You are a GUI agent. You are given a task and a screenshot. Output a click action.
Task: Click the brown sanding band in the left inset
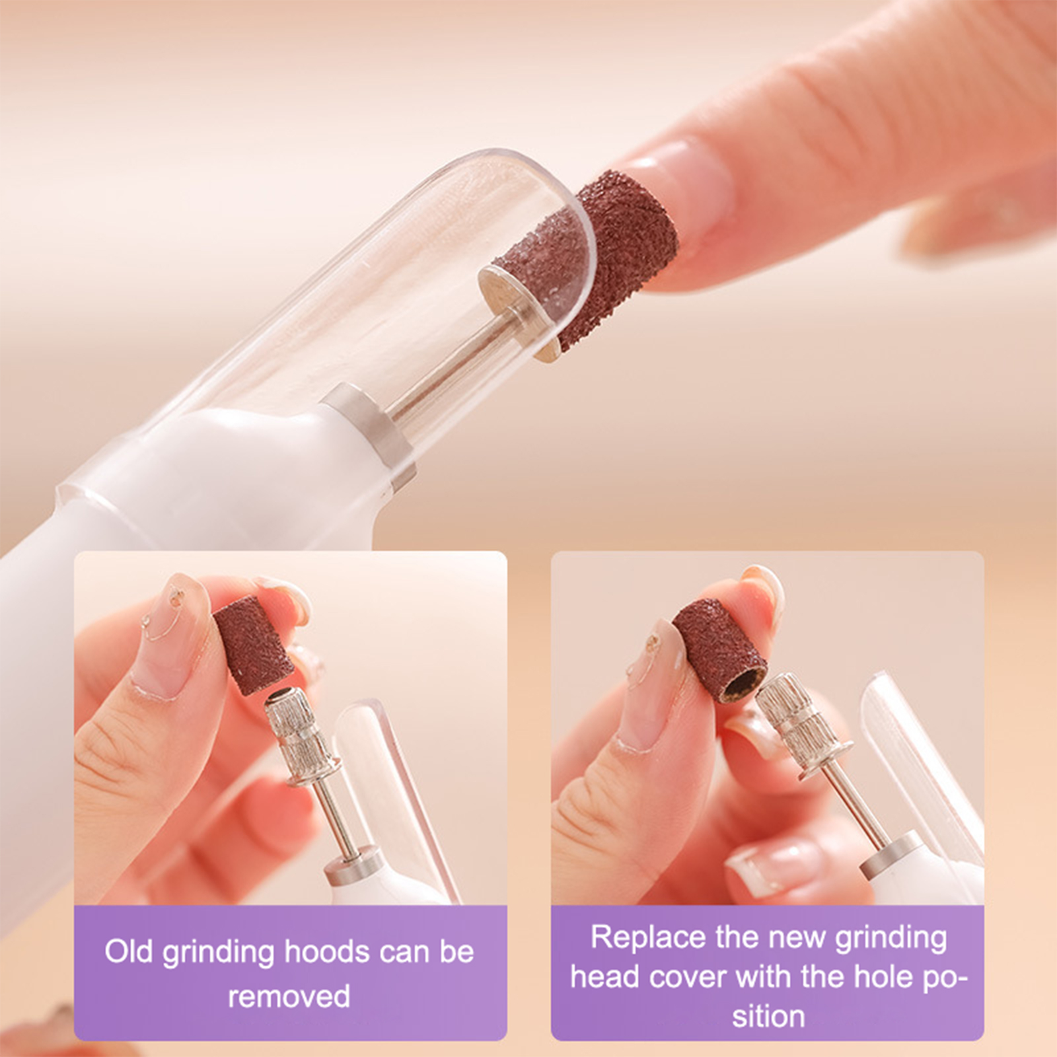click(x=253, y=645)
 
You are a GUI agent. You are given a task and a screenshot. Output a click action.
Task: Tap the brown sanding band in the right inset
click(x=720, y=651)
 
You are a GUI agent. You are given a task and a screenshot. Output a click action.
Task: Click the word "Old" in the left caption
click(x=128, y=952)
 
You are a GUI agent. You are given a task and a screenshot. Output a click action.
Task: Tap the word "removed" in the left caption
click(x=289, y=996)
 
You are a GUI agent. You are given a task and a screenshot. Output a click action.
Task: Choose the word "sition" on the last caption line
click(x=768, y=1016)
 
